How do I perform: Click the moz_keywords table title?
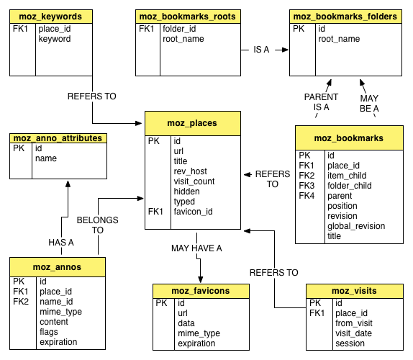click(50, 17)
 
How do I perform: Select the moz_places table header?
click(193, 123)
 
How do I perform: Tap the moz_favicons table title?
click(201, 291)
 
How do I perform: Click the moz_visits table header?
click(354, 291)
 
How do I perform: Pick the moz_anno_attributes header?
click(58, 138)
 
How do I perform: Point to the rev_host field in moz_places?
click(190, 171)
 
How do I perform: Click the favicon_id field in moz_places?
click(193, 212)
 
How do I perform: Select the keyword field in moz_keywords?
click(55, 39)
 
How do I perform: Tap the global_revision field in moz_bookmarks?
click(356, 226)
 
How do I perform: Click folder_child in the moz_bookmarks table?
click(350, 186)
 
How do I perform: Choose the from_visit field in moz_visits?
click(354, 323)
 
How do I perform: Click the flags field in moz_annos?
click(49, 332)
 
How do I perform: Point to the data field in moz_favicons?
click(186, 323)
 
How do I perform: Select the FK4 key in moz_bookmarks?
click(307, 196)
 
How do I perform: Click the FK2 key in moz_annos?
click(21, 302)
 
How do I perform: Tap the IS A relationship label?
click(261, 50)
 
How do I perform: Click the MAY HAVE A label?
click(196, 248)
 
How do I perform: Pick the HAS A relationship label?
click(61, 243)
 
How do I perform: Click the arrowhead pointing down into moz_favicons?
click(201, 280)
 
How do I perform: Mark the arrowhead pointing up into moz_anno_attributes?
click(68, 184)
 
